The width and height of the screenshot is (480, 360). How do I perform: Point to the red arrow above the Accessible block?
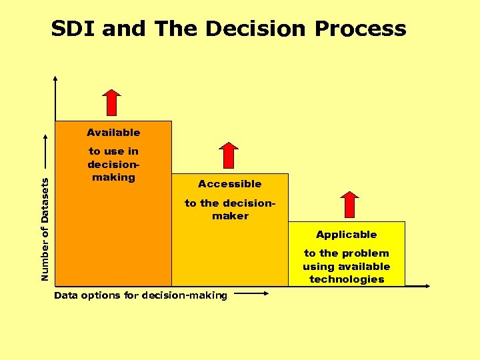[x=229, y=155]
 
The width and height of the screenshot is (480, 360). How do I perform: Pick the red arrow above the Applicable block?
[x=349, y=204]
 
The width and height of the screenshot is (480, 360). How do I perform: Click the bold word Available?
[x=113, y=132]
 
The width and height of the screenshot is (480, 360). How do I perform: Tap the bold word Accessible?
[x=229, y=183]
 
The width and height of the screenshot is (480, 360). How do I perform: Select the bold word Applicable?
[x=346, y=234]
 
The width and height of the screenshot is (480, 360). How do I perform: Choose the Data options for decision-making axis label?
[x=141, y=295]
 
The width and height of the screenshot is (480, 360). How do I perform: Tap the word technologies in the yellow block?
[x=347, y=279]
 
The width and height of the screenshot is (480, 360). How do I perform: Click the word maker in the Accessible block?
[x=230, y=216]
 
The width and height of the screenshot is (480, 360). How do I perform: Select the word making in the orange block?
[x=113, y=177]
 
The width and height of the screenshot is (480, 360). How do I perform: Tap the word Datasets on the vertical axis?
[x=45, y=199]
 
